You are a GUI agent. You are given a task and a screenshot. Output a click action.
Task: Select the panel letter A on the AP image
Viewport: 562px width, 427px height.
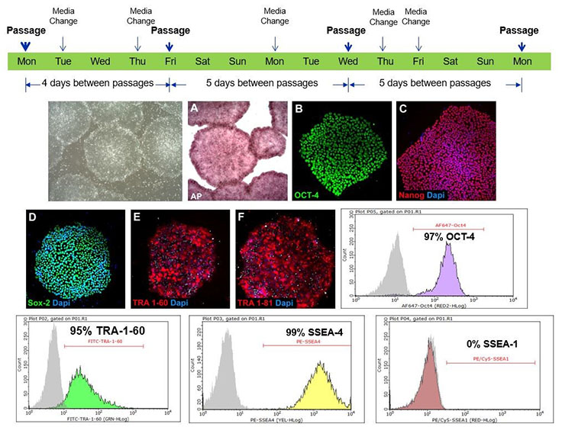click(195, 108)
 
